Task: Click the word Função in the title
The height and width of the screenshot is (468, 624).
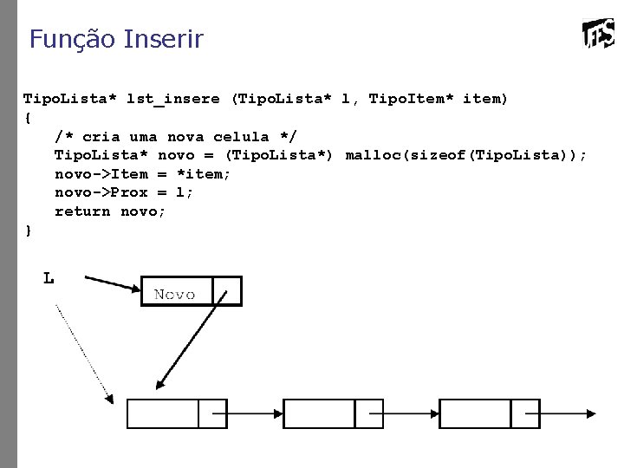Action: pyautogui.click(x=73, y=39)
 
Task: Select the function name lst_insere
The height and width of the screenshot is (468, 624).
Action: pyautogui.click(x=172, y=99)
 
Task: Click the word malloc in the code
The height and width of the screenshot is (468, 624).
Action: pyautogui.click(x=369, y=155)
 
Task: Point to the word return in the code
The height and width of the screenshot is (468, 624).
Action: pyautogui.click(x=82, y=211)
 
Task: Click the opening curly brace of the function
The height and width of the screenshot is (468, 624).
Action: pyautogui.click(x=28, y=117)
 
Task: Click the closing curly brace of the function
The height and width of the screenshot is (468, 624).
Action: pyautogui.click(x=28, y=230)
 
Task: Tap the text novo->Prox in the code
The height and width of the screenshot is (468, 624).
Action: pyautogui.click(x=101, y=192)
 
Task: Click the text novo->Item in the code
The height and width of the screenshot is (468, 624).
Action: pyautogui.click(x=101, y=173)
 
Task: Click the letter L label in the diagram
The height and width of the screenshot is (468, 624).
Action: pyautogui.click(x=49, y=279)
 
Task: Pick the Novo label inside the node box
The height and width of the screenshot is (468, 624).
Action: pyautogui.click(x=175, y=295)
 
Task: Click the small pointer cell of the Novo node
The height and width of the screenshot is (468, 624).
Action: pyautogui.click(x=227, y=291)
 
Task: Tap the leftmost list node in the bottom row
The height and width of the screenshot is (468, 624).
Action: pyautogui.click(x=165, y=413)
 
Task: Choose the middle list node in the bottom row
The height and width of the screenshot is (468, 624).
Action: pyautogui.click(x=321, y=413)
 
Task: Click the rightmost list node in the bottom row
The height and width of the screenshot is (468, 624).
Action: pyautogui.click(x=477, y=413)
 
